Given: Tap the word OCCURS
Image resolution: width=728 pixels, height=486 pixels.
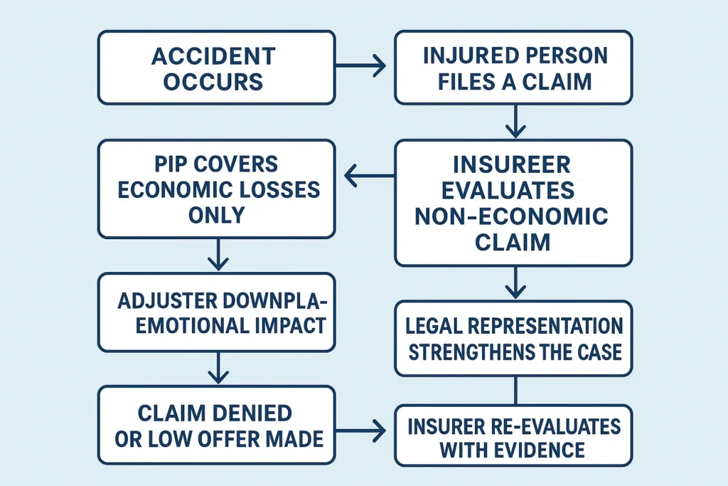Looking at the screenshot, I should point(213,80).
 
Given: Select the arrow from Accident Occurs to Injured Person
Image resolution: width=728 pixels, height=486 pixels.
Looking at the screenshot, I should point(360,66).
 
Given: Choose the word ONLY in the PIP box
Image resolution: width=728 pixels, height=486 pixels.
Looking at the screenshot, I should point(216,215).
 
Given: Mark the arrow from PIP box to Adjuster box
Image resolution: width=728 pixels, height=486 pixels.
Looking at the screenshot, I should point(218,255).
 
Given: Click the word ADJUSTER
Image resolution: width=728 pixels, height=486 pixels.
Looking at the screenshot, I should point(164,299).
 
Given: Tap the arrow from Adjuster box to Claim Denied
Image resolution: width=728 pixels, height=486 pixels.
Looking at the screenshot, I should point(218,368).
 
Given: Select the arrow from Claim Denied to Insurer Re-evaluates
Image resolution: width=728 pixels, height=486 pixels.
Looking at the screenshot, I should point(360,430).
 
